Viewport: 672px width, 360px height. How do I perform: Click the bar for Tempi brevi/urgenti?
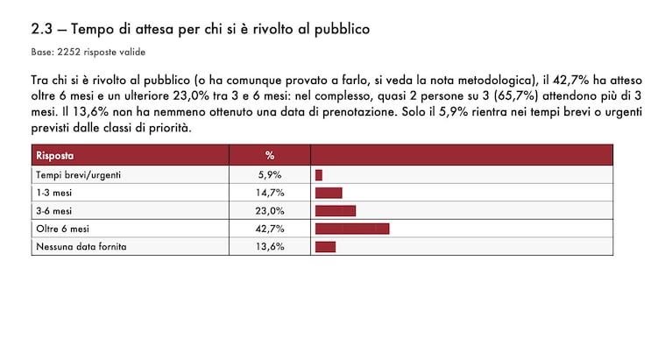pos(318,175)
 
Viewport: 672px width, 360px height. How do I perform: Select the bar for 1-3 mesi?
pos(329,193)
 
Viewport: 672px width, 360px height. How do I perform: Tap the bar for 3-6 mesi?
pos(336,211)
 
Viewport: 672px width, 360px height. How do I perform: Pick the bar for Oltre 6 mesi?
pos(352,229)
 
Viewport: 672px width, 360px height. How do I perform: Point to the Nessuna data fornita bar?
pos(325,247)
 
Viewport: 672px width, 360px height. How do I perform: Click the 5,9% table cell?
pos(270,175)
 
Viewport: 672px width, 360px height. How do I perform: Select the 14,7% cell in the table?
pos(270,193)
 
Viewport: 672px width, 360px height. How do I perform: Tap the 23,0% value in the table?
pos(270,211)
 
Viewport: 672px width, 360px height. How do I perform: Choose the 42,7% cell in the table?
pos(270,229)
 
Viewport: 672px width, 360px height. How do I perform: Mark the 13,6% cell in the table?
pos(270,247)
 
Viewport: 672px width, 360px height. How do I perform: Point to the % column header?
pos(270,155)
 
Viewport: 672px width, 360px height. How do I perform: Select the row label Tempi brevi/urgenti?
pos(79,175)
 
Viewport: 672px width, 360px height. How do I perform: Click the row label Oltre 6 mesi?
pos(62,229)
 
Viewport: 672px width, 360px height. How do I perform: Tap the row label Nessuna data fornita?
pos(81,247)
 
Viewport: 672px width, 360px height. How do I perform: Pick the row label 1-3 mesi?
pos(54,193)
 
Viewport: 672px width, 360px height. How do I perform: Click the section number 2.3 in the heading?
pos(41,29)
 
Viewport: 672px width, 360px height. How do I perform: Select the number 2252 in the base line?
pos(68,53)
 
